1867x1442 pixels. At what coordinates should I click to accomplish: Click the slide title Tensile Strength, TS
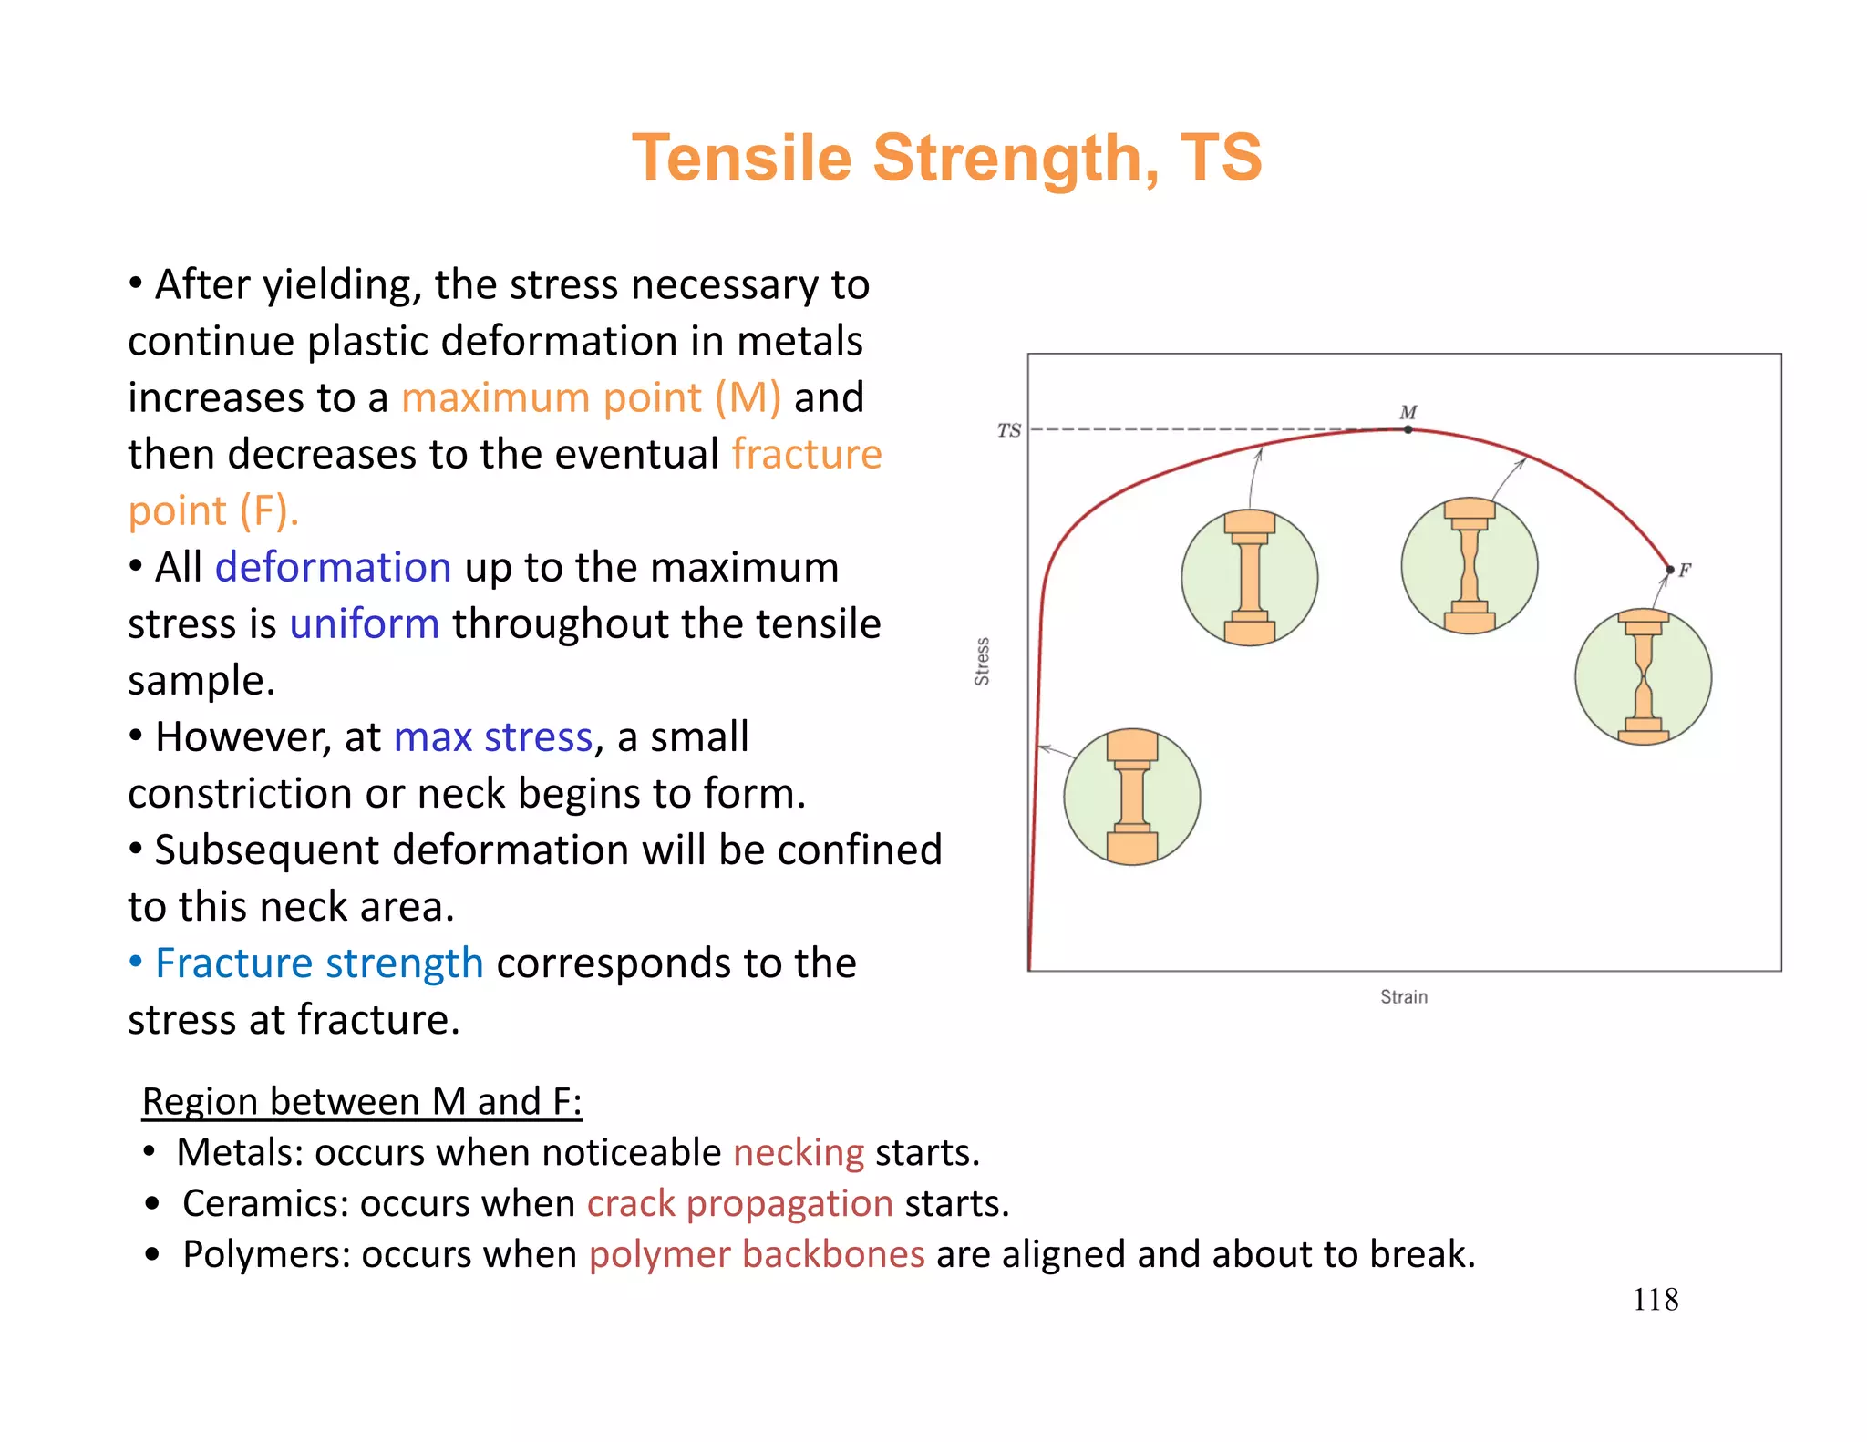(x=946, y=159)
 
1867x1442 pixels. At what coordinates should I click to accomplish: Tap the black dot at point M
(x=1408, y=429)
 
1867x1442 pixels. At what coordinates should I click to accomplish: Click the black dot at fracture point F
(x=1669, y=571)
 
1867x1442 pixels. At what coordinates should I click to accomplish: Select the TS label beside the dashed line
(x=1008, y=430)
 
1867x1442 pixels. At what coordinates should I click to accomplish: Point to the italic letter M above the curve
(x=1408, y=412)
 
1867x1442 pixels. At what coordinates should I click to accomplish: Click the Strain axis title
(x=1403, y=997)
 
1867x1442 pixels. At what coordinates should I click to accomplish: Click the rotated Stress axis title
(x=982, y=662)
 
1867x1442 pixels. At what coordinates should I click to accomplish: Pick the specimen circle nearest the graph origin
(x=1131, y=797)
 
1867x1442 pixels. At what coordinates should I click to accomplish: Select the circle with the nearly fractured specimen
(x=1643, y=677)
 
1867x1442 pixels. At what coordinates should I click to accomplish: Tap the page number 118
(x=1655, y=1300)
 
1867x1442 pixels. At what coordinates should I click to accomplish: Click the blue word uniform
(x=365, y=624)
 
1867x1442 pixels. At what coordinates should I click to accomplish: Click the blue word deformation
(x=333, y=568)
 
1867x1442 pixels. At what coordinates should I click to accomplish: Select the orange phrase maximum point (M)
(x=591, y=398)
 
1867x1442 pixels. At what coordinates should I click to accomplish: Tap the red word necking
(x=799, y=1153)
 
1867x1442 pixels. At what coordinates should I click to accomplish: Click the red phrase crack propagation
(x=739, y=1204)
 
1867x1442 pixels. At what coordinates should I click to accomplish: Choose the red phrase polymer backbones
(x=757, y=1255)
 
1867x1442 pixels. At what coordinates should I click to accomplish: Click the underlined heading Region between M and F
(x=362, y=1102)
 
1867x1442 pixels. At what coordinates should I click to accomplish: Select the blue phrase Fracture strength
(x=319, y=963)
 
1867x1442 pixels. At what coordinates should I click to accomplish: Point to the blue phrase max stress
(x=493, y=737)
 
